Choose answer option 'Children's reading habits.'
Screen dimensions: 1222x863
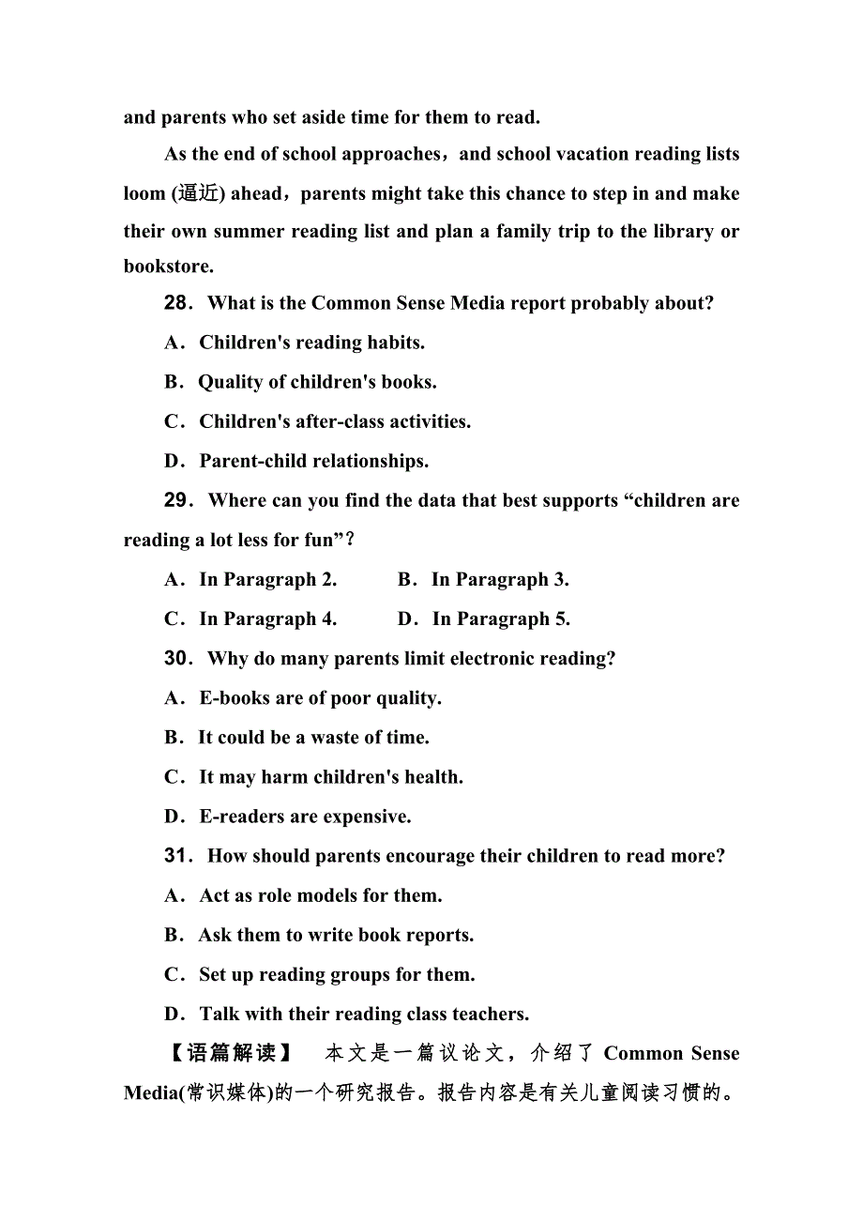[311, 343]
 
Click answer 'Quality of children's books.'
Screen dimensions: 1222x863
[317, 382]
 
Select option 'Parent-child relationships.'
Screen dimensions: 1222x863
[313, 461]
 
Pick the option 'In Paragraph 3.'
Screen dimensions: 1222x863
[500, 579]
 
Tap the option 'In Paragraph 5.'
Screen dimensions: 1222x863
[501, 619]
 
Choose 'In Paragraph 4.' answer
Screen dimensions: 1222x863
[267, 619]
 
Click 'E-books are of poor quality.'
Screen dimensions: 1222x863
[320, 697]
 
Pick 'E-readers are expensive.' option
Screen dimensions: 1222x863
[305, 816]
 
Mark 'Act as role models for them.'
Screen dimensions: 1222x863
[321, 894]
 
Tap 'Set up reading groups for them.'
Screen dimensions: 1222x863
[337, 973]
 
